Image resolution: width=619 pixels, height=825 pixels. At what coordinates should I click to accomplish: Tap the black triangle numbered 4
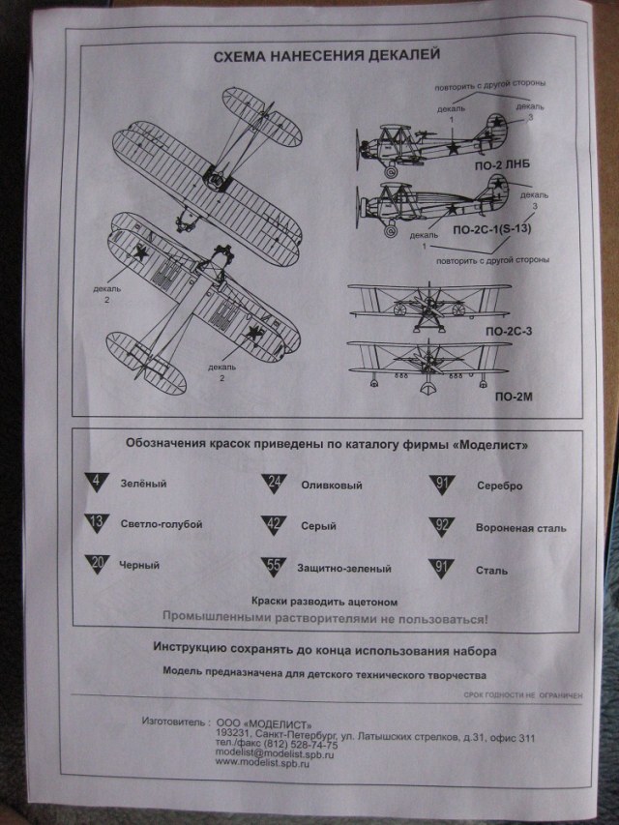coord(97,481)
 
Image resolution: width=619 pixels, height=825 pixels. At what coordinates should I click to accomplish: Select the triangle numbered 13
coord(97,523)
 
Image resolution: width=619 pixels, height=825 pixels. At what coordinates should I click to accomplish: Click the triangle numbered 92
coord(442,527)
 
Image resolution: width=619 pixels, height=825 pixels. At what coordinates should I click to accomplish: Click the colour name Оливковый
coord(327,484)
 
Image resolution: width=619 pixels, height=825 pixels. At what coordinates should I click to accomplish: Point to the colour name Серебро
coord(499,486)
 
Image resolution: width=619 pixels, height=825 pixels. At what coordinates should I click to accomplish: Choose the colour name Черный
coord(138,565)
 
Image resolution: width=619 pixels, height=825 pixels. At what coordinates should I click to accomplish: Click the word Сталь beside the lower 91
coord(492,570)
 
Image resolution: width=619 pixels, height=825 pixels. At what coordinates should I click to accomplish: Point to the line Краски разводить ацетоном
coord(324,601)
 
